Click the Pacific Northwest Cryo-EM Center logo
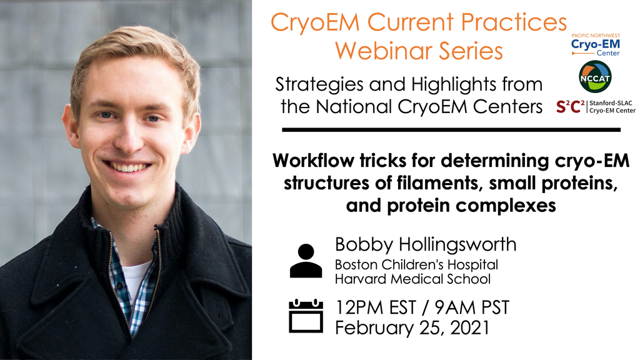pyautogui.click(x=596, y=44)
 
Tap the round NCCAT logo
pyautogui.click(x=595, y=77)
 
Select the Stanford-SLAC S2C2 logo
pyautogui.click(x=596, y=107)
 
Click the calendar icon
pyautogui.click(x=306, y=316)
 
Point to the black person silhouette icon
pyautogui.click(x=306, y=261)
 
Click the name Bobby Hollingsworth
pyautogui.click(x=426, y=244)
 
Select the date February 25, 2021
pyautogui.click(x=412, y=327)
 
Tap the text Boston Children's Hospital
pyautogui.click(x=416, y=264)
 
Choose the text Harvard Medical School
pyautogui.click(x=412, y=279)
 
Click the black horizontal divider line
pyautogui.click(x=451, y=130)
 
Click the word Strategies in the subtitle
pyautogui.click(x=314, y=85)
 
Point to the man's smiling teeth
pyautogui.click(x=127, y=167)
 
